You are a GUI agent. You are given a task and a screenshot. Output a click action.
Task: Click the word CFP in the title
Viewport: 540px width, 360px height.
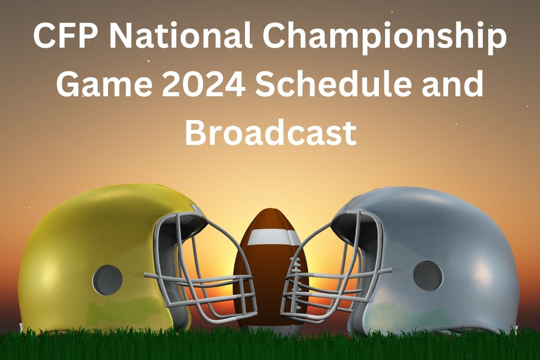(x=63, y=38)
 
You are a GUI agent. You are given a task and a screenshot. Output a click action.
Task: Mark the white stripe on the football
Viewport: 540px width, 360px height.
(x=269, y=237)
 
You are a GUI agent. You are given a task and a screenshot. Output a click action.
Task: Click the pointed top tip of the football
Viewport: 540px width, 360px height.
(x=269, y=209)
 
